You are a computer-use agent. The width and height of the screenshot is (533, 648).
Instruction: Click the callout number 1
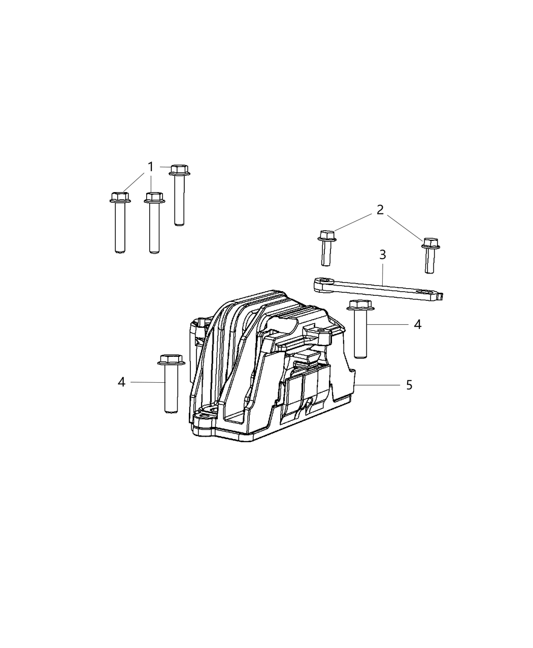(150, 167)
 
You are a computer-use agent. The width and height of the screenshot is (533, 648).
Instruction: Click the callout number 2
(380, 209)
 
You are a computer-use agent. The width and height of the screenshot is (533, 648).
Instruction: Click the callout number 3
(383, 255)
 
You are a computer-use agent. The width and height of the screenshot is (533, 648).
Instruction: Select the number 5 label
(409, 385)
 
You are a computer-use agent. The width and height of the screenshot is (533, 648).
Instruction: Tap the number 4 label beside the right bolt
(417, 324)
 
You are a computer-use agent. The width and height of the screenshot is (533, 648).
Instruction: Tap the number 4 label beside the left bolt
(121, 382)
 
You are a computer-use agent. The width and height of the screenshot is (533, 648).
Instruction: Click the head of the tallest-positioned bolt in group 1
(179, 169)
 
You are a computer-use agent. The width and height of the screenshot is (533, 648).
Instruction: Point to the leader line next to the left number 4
(147, 382)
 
